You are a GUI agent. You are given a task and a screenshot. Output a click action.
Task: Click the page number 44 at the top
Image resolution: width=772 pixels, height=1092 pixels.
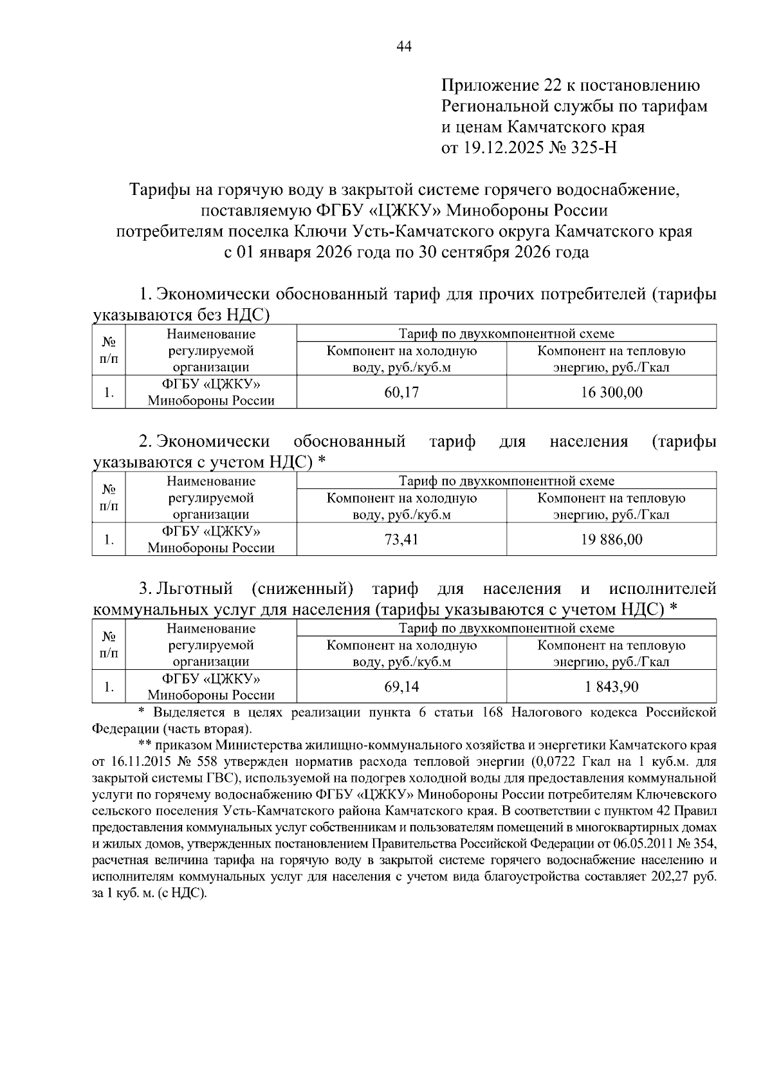pyautogui.click(x=404, y=46)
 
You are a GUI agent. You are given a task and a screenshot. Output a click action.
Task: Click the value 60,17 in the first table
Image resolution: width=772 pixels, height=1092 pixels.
pyautogui.click(x=401, y=393)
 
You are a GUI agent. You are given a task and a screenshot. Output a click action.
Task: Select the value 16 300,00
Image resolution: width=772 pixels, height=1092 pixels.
pyautogui.click(x=611, y=393)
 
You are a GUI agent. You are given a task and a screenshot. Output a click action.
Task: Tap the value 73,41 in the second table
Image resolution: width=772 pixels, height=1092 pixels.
pyautogui.click(x=401, y=539)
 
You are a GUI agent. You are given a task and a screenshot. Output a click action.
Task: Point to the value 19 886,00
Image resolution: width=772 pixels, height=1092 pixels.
pyautogui.click(x=611, y=539)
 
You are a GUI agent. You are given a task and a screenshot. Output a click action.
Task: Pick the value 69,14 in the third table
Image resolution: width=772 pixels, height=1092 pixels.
pyautogui.click(x=401, y=687)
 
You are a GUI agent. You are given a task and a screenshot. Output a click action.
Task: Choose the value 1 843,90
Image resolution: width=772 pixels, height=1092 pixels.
pyautogui.click(x=611, y=687)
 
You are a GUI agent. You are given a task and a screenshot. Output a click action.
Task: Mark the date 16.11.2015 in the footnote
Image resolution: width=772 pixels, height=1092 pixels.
pyautogui.click(x=141, y=762)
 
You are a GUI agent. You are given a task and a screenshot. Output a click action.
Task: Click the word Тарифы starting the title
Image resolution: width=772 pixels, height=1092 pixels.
pyautogui.click(x=155, y=190)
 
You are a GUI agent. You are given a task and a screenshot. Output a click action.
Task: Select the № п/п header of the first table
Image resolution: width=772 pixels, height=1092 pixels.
pyautogui.click(x=109, y=350)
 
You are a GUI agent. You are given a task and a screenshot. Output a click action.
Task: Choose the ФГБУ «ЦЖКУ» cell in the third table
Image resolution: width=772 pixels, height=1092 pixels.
pyautogui.click(x=211, y=687)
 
